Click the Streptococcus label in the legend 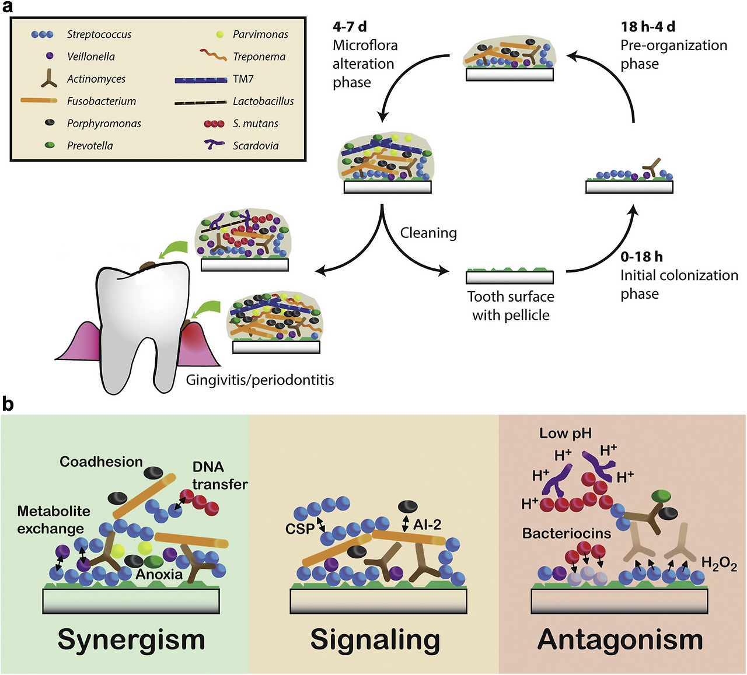click(x=99, y=34)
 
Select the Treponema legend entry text click(x=259, y=57)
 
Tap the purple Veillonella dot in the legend click(x=50, y=56)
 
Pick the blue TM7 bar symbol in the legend click(x=201, y=79)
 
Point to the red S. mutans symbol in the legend click(x=214, y=124)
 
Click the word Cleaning click(x=428, y=233)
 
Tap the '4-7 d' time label click(x=350, y=27)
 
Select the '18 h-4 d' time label click(x=648, y=27)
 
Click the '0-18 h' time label click(x=641, y=257)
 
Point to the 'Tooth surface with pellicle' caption click(x=511, y=306)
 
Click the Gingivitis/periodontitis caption click(x=260, y=380)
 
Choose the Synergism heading click(x=131, y=639)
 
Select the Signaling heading click(x=375, y=639)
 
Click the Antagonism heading click(x=620, y=639)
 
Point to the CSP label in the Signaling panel click(x=299, y=529)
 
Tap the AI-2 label click(x=427, y=525)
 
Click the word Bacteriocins click(x=566, y=533)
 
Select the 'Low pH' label click(x=565, y=433)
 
